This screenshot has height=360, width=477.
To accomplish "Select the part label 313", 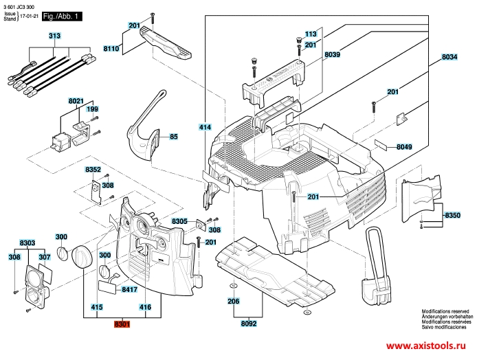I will (x=54, y=35).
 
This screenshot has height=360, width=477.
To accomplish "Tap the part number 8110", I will (x=111, y=49).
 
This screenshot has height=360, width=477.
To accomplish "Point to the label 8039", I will (x=333, y=54).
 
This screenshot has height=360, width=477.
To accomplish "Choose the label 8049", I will (x=404, y=147).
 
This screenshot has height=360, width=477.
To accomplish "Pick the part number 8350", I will (x=452, y=216).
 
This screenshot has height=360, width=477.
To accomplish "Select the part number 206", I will (x=234, y=301).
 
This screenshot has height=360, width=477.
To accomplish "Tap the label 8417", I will (x=130, y=290).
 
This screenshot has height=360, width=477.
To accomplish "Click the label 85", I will (x=174, y=136).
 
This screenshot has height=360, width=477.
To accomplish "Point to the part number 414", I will (x=205, y=127).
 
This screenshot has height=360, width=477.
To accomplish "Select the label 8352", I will (x=93, y=168).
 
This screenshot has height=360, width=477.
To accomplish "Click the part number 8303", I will (x=27, y=243).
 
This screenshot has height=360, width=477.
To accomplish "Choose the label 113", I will (x=311, y=34).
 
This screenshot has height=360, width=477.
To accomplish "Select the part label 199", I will (x=93, y=109).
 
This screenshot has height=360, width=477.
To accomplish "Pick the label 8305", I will (x=180, y=221).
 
